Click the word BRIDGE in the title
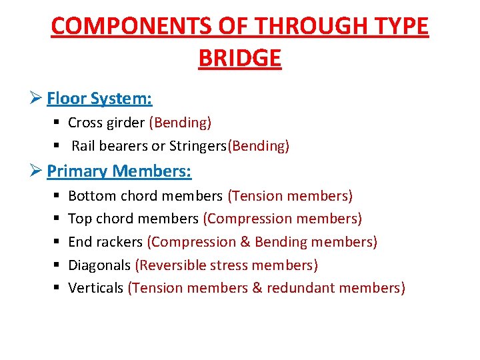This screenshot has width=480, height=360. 240,58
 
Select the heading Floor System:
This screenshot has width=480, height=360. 99,99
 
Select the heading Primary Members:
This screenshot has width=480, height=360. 119,171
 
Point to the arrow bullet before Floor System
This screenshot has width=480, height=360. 37,99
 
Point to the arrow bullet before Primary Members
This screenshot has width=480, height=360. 37,171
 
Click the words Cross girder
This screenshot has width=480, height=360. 106,123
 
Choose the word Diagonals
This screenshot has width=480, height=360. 99,265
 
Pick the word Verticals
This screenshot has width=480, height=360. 96,288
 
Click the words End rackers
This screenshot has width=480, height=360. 105,242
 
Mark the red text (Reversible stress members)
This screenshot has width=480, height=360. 227,265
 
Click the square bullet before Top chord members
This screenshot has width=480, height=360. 55,219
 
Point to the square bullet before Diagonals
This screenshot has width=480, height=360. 55,265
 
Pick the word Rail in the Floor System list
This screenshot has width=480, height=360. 83,146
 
